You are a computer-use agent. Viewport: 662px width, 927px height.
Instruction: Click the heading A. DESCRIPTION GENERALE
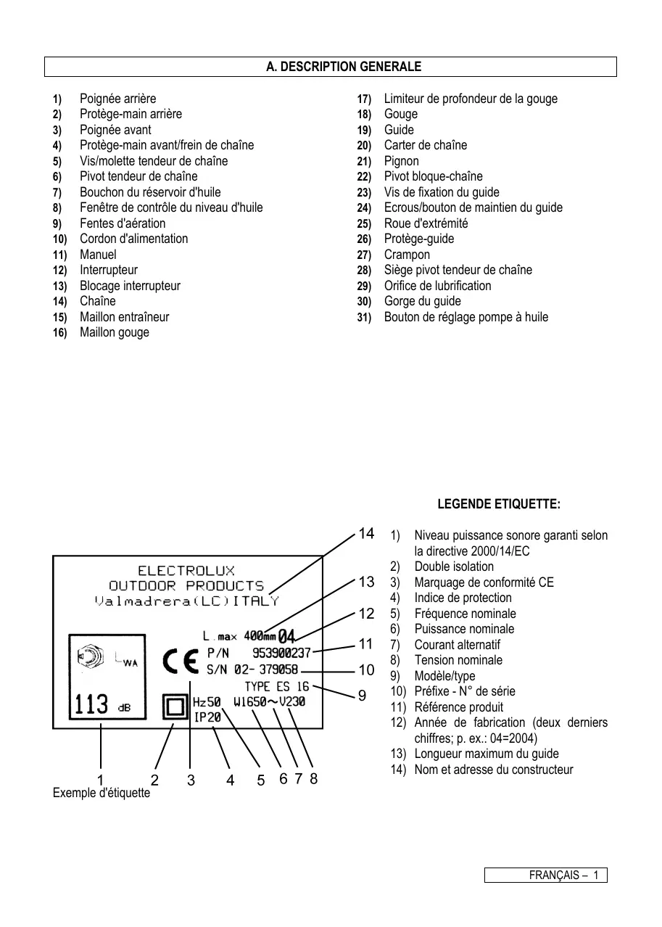[343, 67]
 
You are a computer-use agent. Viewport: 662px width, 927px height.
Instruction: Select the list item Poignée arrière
[117, 99]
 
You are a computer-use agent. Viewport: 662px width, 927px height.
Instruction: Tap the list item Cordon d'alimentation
[133, 239]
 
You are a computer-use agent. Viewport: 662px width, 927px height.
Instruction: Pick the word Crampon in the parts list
[407, 255]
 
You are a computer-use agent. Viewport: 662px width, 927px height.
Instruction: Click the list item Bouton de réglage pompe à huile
[466, 317]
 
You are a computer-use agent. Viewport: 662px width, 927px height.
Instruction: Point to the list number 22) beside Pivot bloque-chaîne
[364, 177]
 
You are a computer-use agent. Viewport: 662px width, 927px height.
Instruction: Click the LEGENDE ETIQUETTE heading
[498, 504]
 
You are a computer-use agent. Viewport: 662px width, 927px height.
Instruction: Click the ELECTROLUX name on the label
[186, 571]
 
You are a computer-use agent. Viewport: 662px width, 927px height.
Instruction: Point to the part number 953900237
[281, 654]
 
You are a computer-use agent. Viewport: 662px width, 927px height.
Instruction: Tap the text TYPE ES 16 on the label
[276, 686]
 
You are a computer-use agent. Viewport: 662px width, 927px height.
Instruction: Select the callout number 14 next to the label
[366, 534]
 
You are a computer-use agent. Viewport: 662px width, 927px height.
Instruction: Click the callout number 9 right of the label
[362, 696]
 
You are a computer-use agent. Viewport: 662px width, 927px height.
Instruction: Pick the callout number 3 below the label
[191, 780]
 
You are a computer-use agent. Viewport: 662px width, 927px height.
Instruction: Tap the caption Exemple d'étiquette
[102, 793]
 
